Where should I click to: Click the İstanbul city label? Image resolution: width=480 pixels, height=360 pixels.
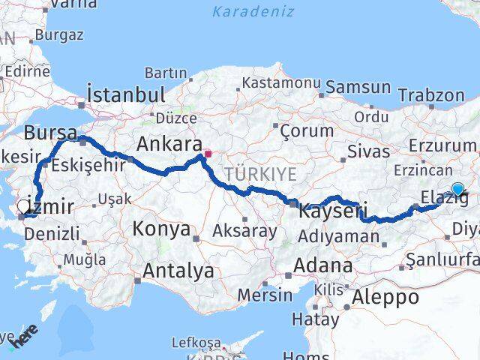(x=126, y=94)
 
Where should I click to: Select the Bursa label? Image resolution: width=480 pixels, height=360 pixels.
(x=50, y=133)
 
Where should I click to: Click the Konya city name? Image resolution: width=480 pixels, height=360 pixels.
(x=161, y=229)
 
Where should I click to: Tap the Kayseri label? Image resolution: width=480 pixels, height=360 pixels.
(x=332, y=212)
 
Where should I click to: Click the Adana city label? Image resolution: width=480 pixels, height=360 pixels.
(x=323, y=265)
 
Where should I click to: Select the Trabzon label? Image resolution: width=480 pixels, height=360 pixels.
(x=431, y=95)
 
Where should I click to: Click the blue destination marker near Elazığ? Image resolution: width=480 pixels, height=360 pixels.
(x=457, y=190)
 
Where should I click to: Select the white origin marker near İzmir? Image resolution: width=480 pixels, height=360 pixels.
(x=25, y=203)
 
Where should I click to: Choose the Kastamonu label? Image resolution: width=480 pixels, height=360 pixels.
(x=281, y=82)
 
